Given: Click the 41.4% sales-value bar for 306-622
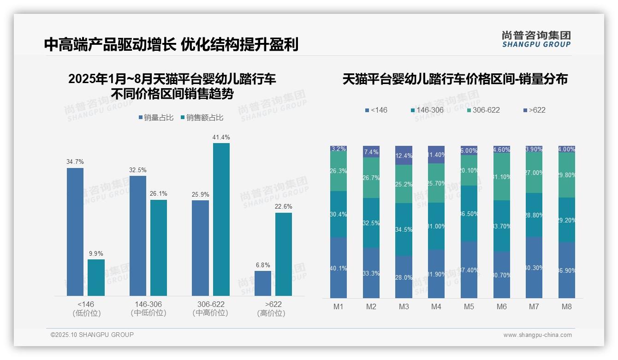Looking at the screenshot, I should (221, 219).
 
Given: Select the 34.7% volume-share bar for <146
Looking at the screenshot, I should (75, 232).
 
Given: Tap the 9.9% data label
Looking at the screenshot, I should (96, 253).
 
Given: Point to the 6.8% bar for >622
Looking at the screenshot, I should (263, 283).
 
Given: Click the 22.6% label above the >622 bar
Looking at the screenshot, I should (284, 206).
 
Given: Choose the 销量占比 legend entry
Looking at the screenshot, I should (156, 118).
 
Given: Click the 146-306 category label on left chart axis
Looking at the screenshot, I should (148, 305).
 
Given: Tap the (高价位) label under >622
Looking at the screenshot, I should (271, 313).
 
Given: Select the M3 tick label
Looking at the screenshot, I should (404, 306).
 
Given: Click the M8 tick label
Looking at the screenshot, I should (566, 306).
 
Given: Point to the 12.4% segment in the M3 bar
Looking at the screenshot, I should (404, 155).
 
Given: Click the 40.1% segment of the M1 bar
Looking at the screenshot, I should (339, 268).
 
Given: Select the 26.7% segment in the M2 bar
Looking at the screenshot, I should (371, 178).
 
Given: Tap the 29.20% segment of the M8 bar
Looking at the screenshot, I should (566, 220).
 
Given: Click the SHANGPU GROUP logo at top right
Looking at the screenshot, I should (536, 39).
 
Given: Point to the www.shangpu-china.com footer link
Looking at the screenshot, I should (537, 335).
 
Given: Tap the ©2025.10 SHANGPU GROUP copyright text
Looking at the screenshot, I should (92, 335).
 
